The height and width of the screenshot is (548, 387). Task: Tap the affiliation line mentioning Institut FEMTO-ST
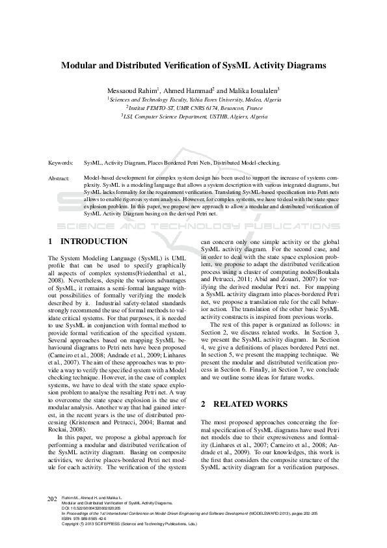coord(194,107)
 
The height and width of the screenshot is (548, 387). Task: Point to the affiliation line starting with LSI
coord(194,116)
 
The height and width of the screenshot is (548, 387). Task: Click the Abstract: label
coord(59,177)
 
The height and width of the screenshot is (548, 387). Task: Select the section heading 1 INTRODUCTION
coord(88,241)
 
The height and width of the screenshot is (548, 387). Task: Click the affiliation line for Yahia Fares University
coord(194,99)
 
